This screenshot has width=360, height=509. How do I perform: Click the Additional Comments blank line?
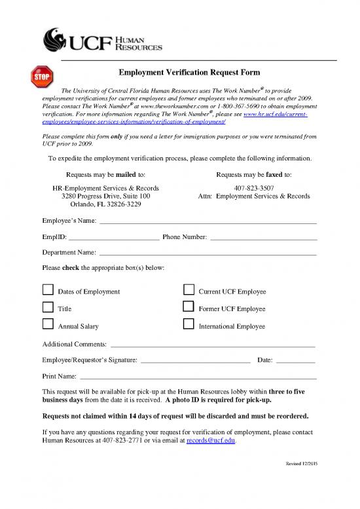[213, 345]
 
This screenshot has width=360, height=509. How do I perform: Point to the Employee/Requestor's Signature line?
[196, 361]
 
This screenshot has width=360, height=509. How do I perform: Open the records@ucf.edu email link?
[211, 441]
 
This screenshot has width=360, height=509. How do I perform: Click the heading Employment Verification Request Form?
[189, 71]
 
